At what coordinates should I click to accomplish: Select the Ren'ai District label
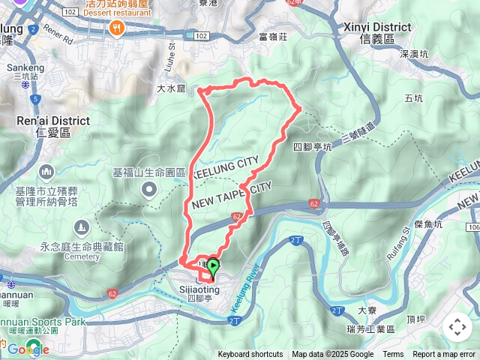click(52, 126)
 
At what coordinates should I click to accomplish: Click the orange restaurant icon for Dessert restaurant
click(115, 28)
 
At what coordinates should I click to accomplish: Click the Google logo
click(28, 349)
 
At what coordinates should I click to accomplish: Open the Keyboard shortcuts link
click(250, 355)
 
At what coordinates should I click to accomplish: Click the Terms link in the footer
click(393, 355)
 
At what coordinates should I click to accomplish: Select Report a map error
click(444, 355)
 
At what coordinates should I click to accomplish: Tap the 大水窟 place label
click(170, 89)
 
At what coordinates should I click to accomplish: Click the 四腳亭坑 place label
click(313, 147)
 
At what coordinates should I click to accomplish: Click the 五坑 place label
click(413, 98)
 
